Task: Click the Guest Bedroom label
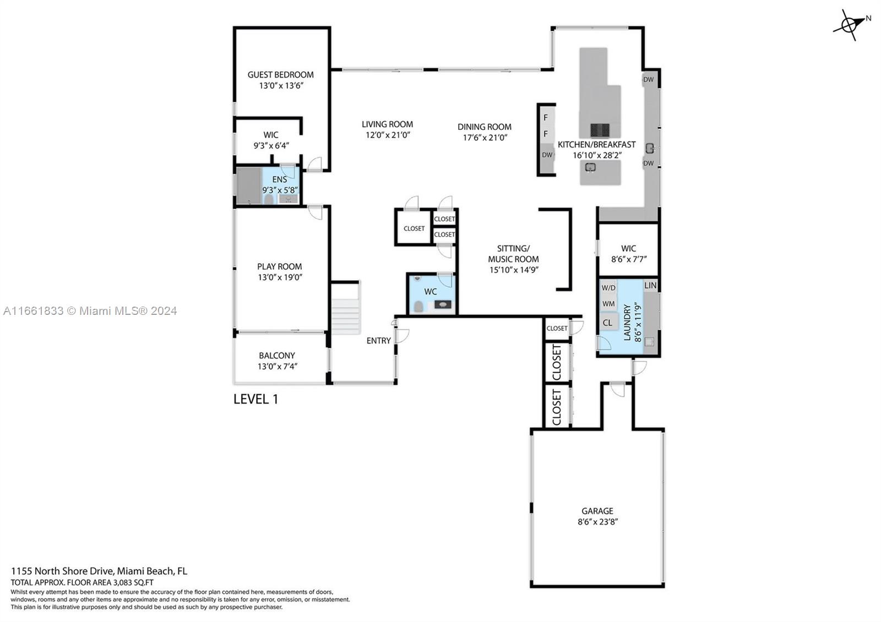(280, 75)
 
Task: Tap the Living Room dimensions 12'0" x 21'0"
(388, 135)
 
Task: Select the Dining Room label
(484, 127)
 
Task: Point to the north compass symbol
(850, 25)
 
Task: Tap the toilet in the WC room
(418, 306)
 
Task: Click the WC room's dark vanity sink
(443, 304)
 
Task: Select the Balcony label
(277, 356)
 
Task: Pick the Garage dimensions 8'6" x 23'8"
(598, 522)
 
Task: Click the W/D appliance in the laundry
(608, 288)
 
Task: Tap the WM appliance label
(608, 304)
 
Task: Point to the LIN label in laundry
(650, 286)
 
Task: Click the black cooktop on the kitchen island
(600, 130)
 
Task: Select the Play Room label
(280, 266)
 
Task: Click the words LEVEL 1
(255, 399)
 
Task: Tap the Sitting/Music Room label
(513, 254)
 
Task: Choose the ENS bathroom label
(280, 179)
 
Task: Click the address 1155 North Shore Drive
(63, 571)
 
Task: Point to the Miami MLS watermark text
(90, 311)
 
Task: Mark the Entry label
(379, 341)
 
